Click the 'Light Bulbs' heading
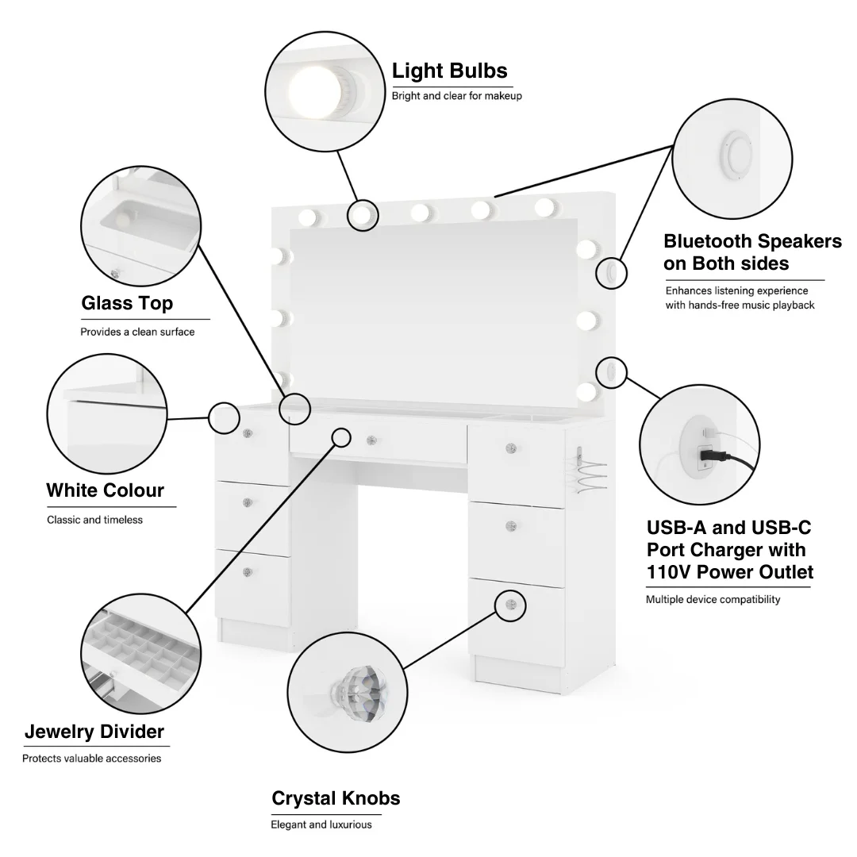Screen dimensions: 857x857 click(x=449, y=71)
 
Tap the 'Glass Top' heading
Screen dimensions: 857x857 click(x=127, y=303)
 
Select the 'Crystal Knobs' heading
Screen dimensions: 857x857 click(x=336, y=798)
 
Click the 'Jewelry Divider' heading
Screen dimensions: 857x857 click(x=94, y=732)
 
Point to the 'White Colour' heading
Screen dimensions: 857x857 click(x=106, y=490)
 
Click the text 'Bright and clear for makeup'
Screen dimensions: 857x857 click(x=456, y=96)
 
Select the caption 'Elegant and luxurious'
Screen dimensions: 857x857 click(x=321, y=824)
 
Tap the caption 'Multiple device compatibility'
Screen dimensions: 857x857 click(x=713, y=600)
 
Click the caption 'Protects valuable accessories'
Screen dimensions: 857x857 click(x=91, y=759)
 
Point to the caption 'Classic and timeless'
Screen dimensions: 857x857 click(x=94, y=520)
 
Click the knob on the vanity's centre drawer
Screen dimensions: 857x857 click(x=371, y=438)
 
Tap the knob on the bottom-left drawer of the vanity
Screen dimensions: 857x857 click(x=248, y=572)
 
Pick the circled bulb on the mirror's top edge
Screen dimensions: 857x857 click(x=363, y=213)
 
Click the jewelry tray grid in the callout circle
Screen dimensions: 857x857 click(x=143, y=651)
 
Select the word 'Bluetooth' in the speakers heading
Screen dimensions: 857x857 click(x=707, y=241)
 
